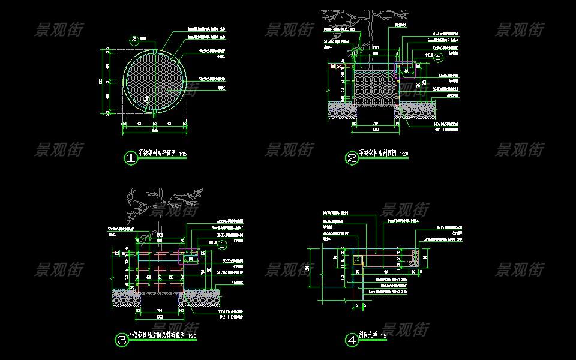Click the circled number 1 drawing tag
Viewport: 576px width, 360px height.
click(x=130, y=158)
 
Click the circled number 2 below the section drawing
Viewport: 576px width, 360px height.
click(x=352, y=158)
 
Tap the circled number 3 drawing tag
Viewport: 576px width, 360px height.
click(x=122, y=341)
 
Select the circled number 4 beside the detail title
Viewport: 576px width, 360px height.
click(x=352, y=340)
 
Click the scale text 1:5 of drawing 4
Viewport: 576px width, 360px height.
click(x=383, y=336)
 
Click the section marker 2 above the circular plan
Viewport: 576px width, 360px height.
click(x=134, y=40)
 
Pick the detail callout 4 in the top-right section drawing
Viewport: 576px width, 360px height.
click(x=438, y=58)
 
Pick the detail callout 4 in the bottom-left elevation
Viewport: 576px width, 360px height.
click(x=222, y=244)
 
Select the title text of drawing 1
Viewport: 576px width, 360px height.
click(x=157, y=154)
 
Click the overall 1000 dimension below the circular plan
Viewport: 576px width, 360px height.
click(x=155, y=129)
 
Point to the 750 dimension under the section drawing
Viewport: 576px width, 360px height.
click(x=375, y=124)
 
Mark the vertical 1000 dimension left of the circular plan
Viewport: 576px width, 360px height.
click(x=101, y=80)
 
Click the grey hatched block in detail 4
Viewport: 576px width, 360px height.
click(x=413, y=258)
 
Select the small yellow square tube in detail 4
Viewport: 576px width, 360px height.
click(x=358, y=260)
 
